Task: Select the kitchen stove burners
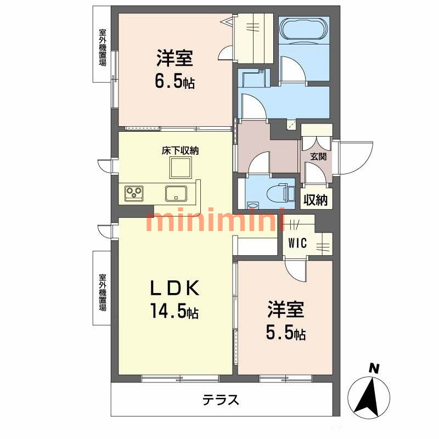coord(134,193)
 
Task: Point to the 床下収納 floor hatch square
coord(180,167)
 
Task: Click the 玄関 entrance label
coord(318,157)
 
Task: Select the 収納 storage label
coord(317,200)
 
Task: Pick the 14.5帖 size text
coord(175,312)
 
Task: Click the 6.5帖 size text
coord(175,82)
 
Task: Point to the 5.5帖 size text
coord(286,333)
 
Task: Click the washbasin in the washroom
coord(254,79)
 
